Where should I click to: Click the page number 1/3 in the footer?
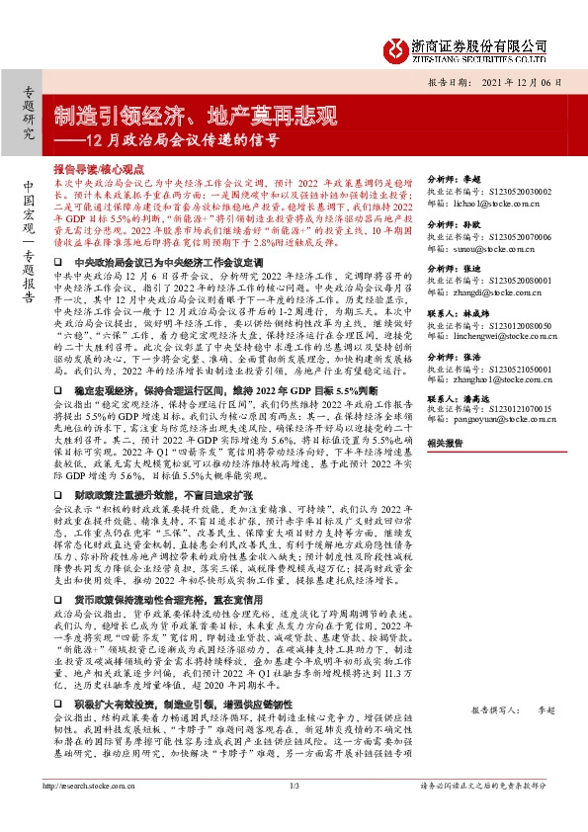[x=294, y=813]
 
